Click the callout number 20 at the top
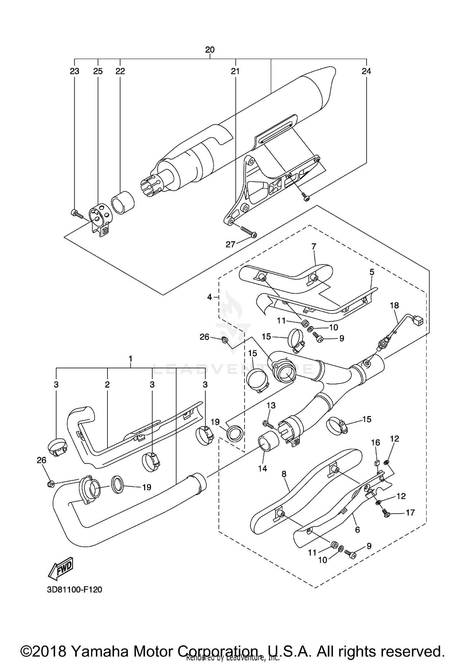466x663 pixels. (x=210, y=50)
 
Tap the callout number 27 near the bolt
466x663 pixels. (x=231, y=244)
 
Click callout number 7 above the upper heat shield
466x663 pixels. (x=314, y=247)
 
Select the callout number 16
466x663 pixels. (x=376, y=443)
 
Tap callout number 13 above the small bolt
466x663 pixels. (x=271, y=405)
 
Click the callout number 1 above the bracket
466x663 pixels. (x=130, y=359)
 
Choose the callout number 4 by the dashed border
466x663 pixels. (x=210, y=297)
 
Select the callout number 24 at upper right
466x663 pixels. (x=366, y=71)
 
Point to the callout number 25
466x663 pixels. (x=98, y=71)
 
